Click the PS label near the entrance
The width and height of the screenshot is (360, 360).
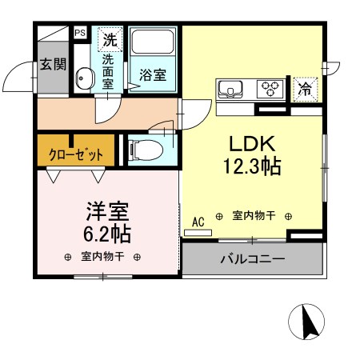click(79, 33)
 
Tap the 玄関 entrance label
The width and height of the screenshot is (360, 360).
click(54, 64)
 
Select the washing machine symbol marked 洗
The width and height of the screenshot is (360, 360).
click(109, 38)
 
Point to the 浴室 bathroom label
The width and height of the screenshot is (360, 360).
click(153, 75)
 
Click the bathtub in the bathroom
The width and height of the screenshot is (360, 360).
click(154, 46)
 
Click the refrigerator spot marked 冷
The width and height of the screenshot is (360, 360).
click(306, 88)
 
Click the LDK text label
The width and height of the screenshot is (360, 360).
click(253, 145)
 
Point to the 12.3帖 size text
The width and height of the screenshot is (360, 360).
click(253, 168)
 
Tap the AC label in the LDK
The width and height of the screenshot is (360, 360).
click(198, 221)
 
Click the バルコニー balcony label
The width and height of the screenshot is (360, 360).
click(253, 260)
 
